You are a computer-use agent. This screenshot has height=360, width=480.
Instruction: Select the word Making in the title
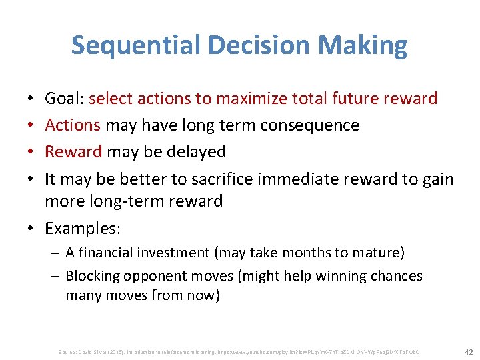click(365, 45)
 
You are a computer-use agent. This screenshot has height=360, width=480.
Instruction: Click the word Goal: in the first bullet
click(64, 99)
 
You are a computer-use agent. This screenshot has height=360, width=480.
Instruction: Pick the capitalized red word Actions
click(73, 125)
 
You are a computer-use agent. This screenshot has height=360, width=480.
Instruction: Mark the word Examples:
click(83, 229)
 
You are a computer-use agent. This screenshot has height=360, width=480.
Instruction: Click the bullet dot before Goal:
click(33, 100)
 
